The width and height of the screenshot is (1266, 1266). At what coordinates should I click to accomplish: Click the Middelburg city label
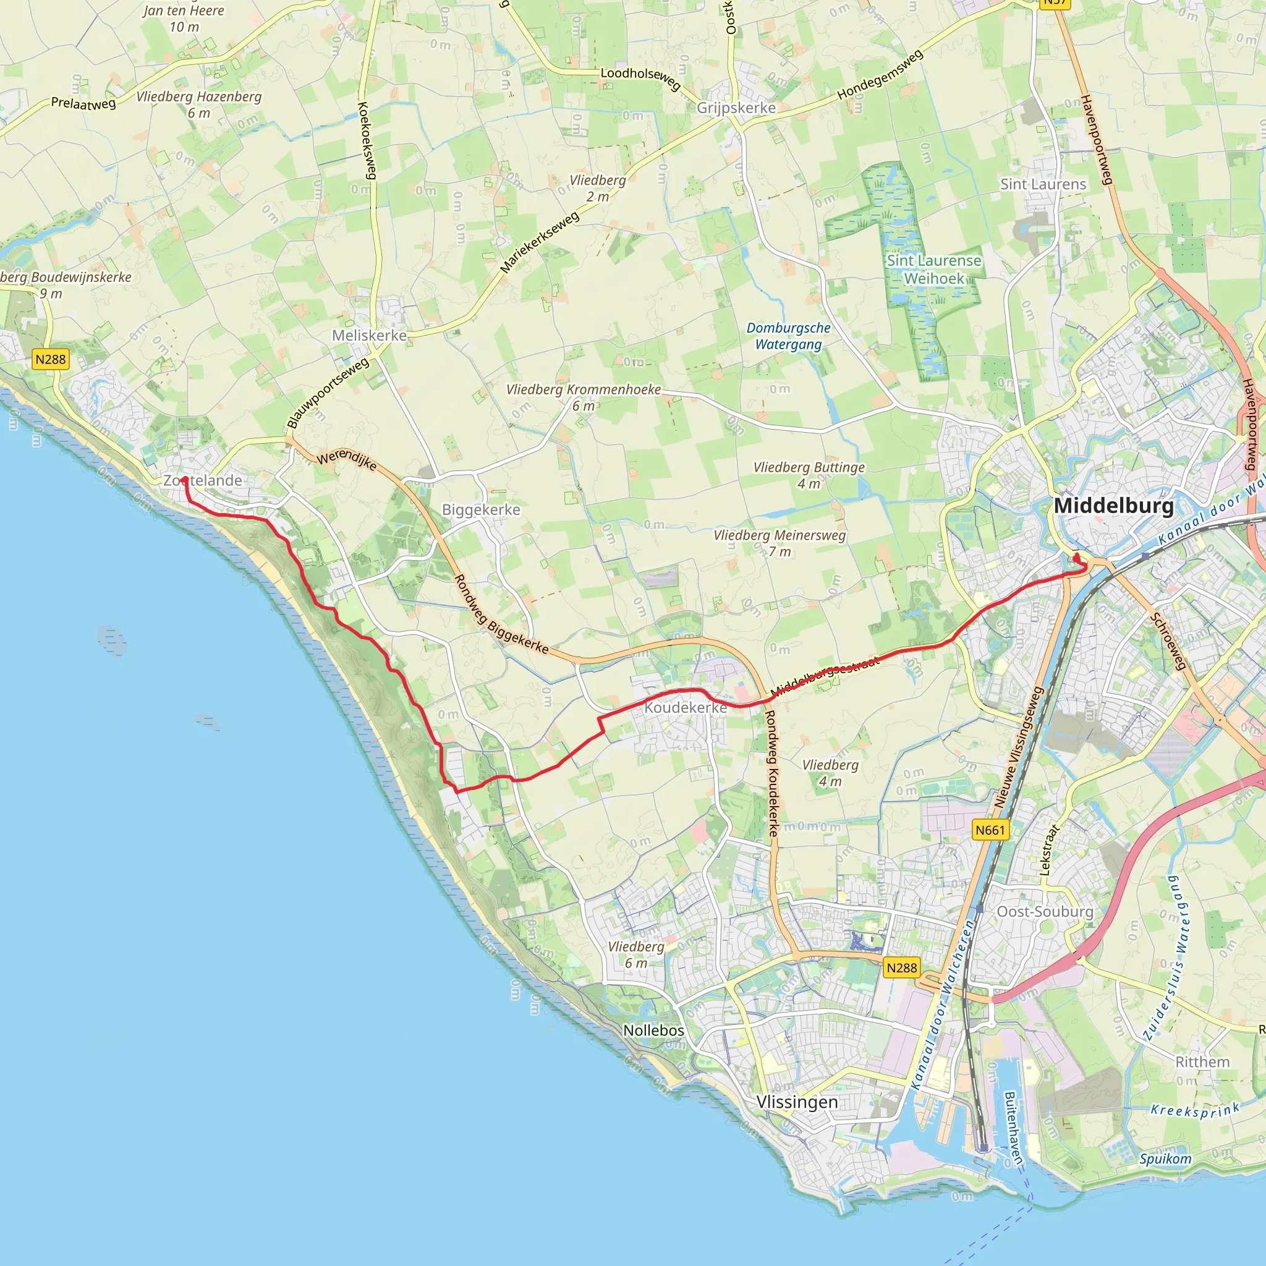pos(1113,506)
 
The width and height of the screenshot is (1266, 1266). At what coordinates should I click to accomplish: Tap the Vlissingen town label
pos(797,1102)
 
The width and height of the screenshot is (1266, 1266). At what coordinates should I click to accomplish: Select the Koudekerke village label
pos(686,708)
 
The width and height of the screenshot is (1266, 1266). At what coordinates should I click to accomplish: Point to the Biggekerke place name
pos(481,510)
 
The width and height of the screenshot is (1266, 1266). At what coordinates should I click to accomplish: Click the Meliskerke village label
pos(369,336)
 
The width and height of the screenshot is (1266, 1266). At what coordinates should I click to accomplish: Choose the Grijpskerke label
pos(736,108)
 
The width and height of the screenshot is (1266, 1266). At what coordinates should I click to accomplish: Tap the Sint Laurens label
pos(1043,185)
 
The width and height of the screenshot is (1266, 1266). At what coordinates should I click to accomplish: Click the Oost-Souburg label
pos(1045,912)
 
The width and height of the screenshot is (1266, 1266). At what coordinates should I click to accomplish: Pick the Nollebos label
pos(653,1030)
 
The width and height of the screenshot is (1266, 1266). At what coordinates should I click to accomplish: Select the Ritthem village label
pos(1202,1062)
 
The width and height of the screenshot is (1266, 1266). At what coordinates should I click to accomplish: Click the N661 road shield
pos(990,830)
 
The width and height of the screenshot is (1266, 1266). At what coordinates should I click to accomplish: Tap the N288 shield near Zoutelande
pos(51,359)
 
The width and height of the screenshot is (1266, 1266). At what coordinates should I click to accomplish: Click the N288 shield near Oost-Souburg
pos(901,968)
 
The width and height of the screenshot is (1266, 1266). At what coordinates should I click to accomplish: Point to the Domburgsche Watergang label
pos(788,336)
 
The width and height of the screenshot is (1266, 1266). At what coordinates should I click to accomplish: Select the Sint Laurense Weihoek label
pos(934,270)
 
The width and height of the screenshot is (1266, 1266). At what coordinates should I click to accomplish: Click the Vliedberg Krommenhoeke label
pos(583,397)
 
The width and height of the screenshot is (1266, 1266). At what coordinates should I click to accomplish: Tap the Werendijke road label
pos(347,460)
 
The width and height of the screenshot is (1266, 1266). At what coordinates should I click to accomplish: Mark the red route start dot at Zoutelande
pos(185,480)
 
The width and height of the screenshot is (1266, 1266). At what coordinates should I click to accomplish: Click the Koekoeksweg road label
pos(367,140)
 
